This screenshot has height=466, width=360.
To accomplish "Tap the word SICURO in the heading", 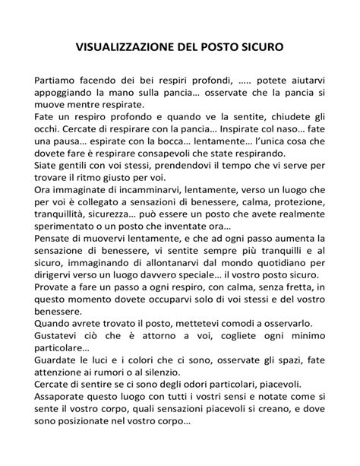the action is point(261,46).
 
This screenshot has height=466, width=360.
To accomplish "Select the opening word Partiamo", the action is point(56,79).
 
